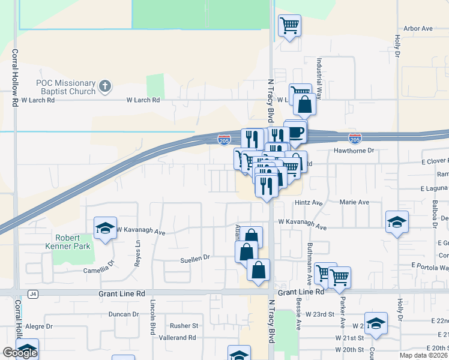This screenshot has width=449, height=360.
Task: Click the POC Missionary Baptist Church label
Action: click(66, 87)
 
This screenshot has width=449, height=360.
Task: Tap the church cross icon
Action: click(105, 86)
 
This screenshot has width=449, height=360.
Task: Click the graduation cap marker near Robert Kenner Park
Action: click(105, 229)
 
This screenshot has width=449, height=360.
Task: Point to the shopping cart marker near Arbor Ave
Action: click(289, 26)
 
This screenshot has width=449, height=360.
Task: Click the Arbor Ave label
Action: click(418, 28)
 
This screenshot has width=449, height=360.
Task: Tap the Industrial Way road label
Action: click(320, 78)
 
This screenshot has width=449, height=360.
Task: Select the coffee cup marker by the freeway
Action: click(295, 132)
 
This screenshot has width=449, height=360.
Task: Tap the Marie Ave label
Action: click(354, 203)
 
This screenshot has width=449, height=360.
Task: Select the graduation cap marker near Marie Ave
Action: click(397, 222)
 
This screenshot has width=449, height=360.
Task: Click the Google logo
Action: click(20, 353)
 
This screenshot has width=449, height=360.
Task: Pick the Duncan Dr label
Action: click(124, 314)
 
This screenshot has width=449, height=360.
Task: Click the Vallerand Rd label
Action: click(179, 338)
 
